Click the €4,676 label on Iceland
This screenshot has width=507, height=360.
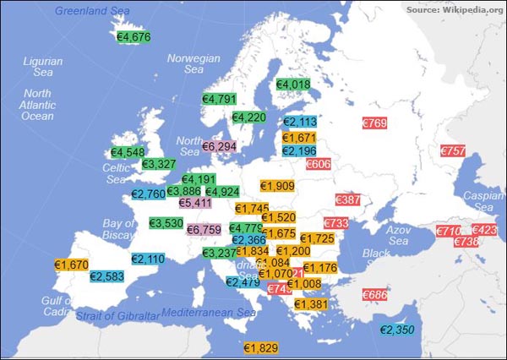coord(134,37)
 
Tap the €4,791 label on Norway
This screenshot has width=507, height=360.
coord(220,99)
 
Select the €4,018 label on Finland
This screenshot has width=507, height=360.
coord(294,85)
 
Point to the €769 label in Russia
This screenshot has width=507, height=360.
coord(374,124)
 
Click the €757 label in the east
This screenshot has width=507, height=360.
coord(453,150)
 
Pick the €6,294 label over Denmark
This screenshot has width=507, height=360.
coord(220,147)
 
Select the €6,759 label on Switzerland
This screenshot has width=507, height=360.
coord(204,229)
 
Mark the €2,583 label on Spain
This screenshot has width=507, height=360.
coord(107,276)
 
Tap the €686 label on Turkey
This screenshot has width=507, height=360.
coord(374,295)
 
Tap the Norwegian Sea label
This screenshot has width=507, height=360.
coord(194,64)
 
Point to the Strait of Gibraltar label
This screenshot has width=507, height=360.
coord(117,316)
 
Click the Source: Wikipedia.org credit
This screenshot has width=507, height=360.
coord(455,9)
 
